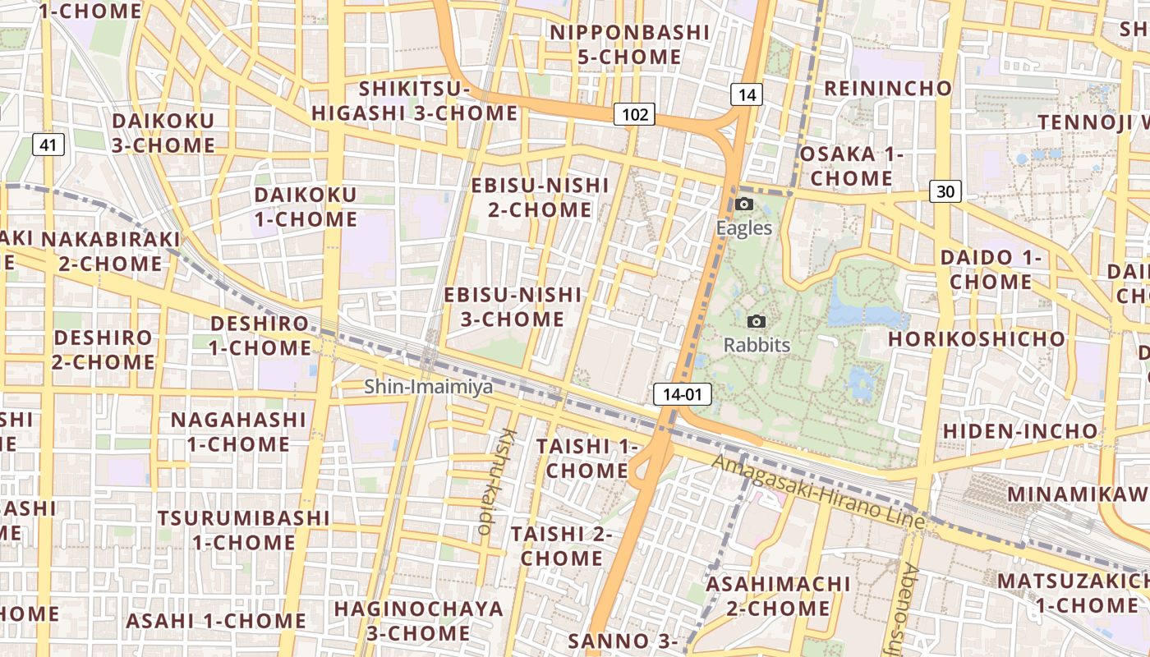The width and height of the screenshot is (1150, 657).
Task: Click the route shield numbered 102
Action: click(635, 114)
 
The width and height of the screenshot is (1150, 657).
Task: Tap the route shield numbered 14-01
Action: click(682, 394)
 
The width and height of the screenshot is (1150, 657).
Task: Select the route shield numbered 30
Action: click(945, 191)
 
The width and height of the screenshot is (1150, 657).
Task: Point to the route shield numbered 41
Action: click(48, 145)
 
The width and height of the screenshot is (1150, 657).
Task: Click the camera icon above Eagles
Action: click(744, 204)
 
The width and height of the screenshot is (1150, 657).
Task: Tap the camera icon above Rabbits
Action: click(757, 321)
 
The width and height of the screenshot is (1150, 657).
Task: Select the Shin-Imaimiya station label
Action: click(429, 386)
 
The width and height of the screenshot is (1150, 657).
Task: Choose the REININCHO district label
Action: click(888, 89)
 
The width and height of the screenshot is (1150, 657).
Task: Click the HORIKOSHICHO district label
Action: click(976, 338)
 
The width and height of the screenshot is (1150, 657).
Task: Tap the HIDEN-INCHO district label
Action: click(1019, 431)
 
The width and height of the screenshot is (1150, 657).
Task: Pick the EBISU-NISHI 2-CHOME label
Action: click(540, 197)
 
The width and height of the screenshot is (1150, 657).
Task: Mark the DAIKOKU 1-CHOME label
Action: click(306, 207)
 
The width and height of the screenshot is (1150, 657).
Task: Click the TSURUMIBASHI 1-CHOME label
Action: click(244, 531)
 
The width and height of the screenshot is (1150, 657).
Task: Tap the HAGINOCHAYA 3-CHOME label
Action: click(418, 621)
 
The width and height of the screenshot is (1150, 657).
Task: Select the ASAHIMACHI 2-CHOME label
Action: click(778, 596)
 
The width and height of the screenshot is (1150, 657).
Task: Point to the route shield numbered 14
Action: click(746, 94)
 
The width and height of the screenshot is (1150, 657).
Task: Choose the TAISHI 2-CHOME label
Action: click(562, 546)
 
